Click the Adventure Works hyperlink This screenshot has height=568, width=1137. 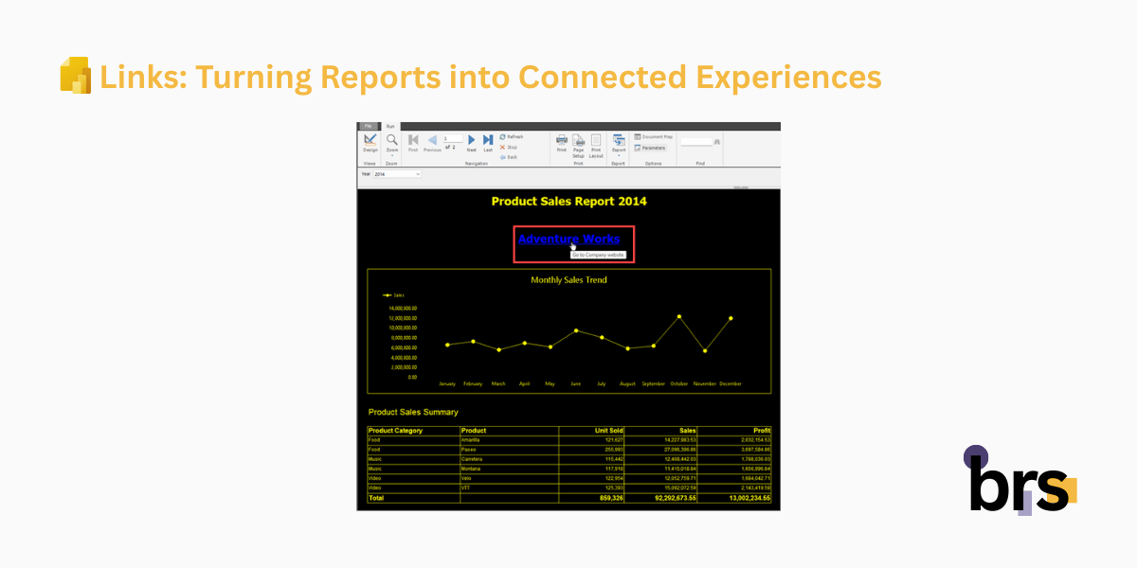(x=568, y=240)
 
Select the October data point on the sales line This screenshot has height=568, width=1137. (x=679, y=316)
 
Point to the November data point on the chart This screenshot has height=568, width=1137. (x=705, y=351)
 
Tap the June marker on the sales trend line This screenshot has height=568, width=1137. (x=576, y=330)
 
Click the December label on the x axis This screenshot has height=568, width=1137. (x=730, y=384)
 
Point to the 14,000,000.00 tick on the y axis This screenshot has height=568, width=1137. (x=403, y=308)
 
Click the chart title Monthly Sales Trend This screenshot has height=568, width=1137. (x=568, y=280)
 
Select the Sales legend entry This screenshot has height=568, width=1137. (x=394, y=295)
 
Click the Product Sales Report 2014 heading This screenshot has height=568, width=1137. (x=568, y=201)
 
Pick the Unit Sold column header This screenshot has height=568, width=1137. (x=606, y=431)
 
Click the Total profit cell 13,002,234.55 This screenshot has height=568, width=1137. (x=748, y=498)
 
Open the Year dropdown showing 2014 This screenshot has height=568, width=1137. (x=398, y=174)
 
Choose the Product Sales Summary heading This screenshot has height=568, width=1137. (x=413, y=412)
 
